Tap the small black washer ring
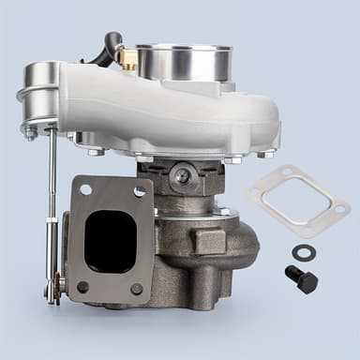[304, 251]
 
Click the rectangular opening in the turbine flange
[110, 238]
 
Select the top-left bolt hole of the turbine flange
[84, 191]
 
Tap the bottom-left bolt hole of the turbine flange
[82, 287]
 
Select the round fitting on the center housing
[185, 175]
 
